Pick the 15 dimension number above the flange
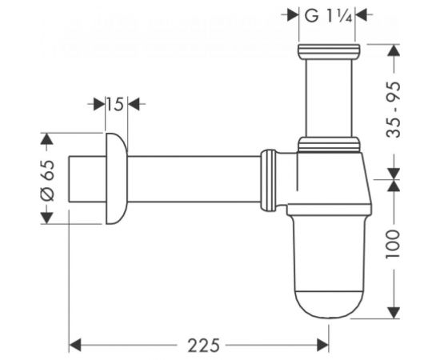tap(114, 103)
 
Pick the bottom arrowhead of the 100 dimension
tap(393, 312)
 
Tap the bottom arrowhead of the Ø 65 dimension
tap(46, 215)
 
